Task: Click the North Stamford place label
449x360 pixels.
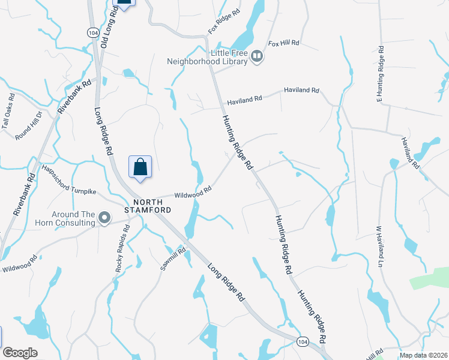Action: coord(148,205)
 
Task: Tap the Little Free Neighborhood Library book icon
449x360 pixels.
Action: coord(258,56)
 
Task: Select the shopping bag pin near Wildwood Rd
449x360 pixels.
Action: coord(140,167)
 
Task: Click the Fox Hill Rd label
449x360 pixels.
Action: coord(283,44)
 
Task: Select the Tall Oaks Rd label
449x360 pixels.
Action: coord(8,111)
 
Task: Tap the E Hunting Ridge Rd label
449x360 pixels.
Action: coord(379,74)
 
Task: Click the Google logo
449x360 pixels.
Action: coord(20,353)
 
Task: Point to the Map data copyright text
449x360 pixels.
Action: coord(424,355)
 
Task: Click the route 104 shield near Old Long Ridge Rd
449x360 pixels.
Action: coord(92,33)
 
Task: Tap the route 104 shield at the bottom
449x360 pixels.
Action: coord(303,341)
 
